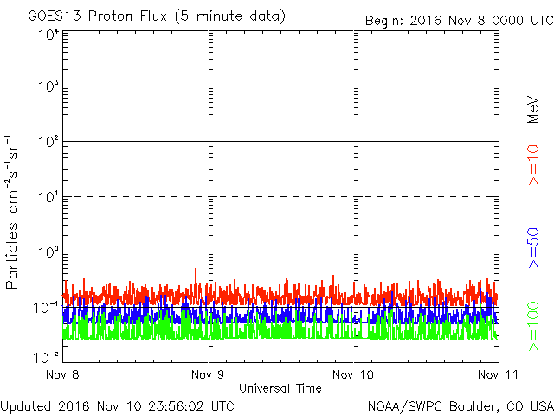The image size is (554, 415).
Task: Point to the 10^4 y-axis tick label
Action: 48,35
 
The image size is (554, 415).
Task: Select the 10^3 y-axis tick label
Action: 48,87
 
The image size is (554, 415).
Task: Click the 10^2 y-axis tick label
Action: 48,143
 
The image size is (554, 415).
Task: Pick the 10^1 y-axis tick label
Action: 48,198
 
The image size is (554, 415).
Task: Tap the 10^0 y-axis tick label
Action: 48,253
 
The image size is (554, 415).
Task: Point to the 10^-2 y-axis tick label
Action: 47,356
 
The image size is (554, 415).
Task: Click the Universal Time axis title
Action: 280,389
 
